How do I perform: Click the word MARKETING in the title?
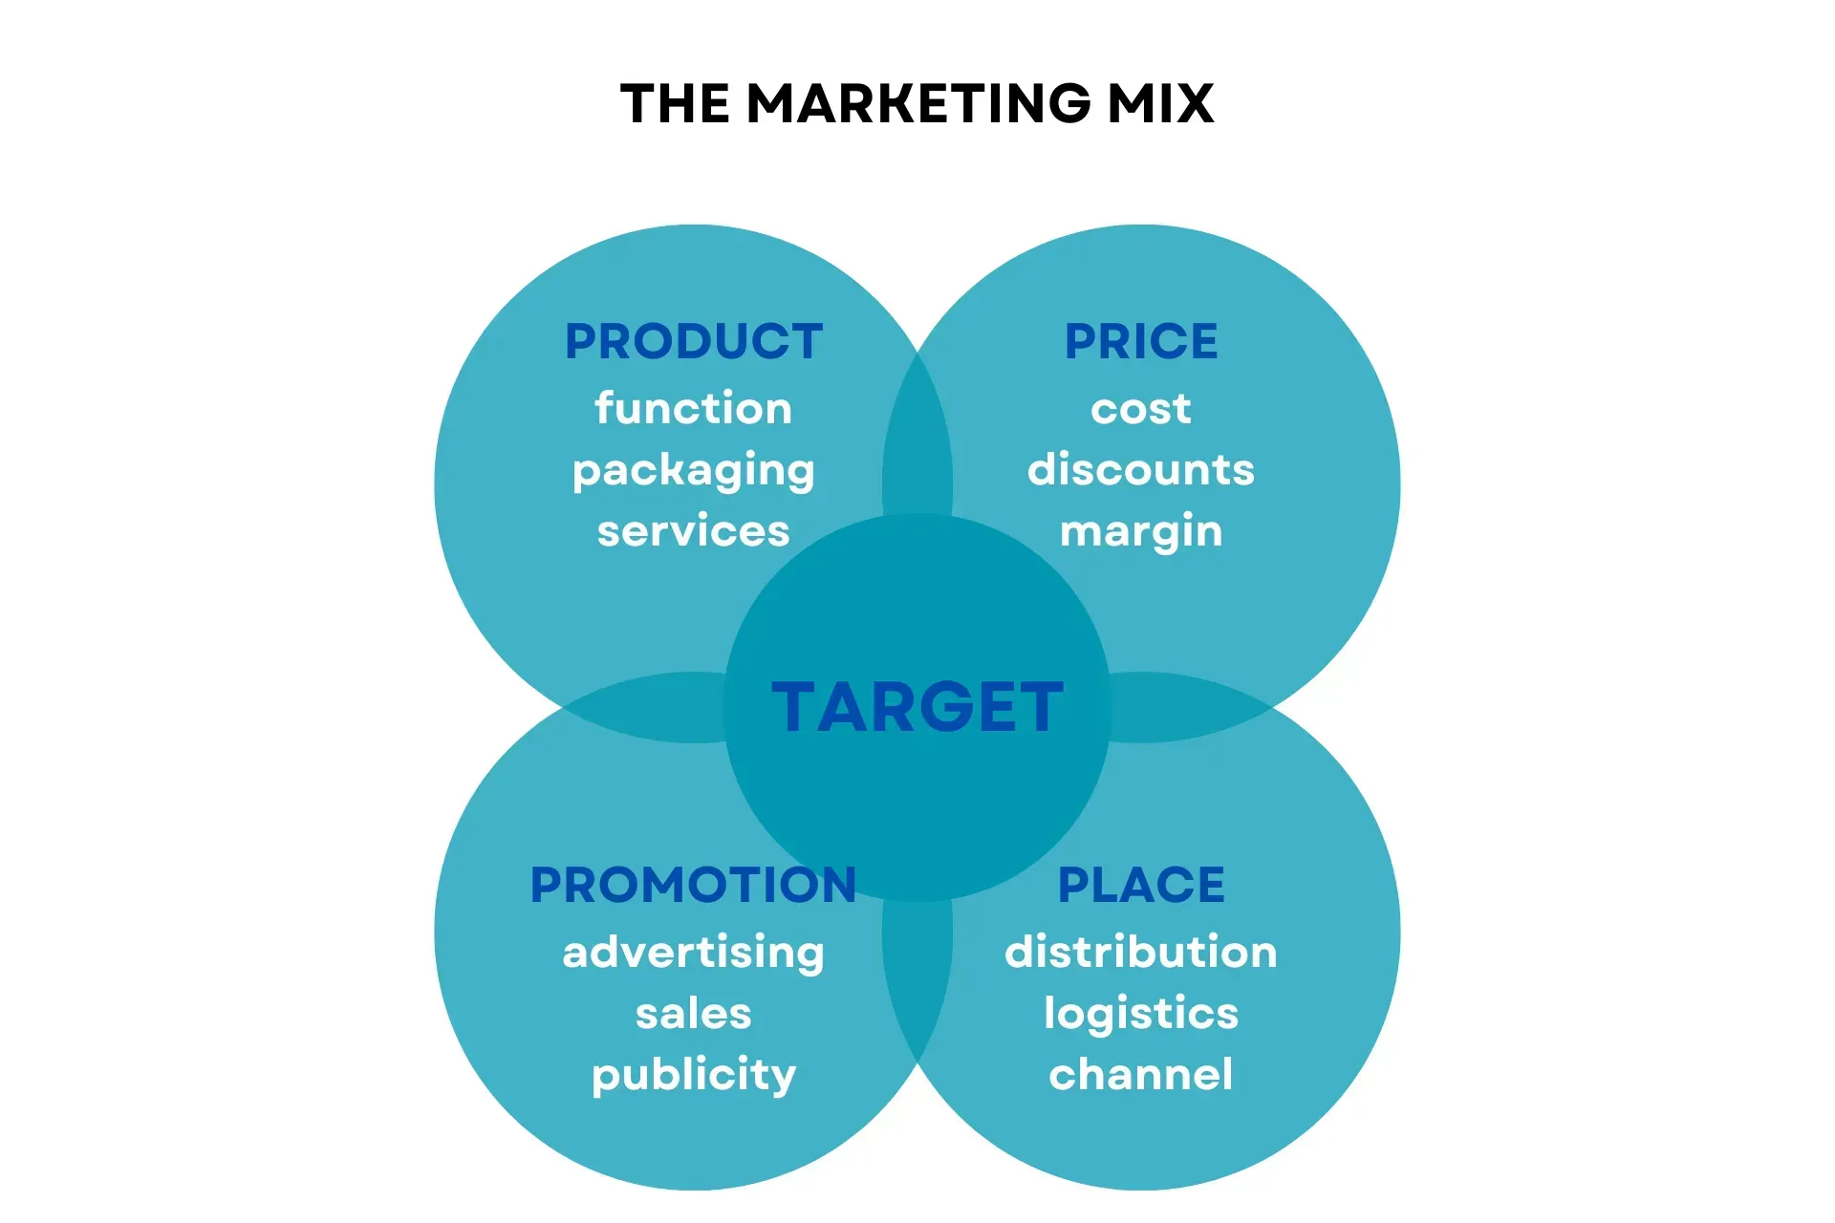point(918,103)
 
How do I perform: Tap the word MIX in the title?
point(1160,103)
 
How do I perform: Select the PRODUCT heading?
point(694,342)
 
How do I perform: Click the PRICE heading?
point(1141,342)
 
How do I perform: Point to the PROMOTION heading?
point(694,885)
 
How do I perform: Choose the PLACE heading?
point(1141,885)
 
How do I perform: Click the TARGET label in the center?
point(917,708)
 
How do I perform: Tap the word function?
point(694,409)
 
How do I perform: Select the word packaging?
point(694,470)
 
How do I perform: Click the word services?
point(694,531)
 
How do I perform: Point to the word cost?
point(1141,409)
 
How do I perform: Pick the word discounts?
point(1141,470)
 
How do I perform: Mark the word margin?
point(1141,531)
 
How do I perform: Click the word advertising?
point(694,953)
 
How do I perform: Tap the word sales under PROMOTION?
point(694,1014)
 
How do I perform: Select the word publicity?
point(694,1075)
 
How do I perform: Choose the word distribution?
point(1141,953)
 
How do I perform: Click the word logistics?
point(1141,1014)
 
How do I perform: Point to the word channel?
point(1141,1075)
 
